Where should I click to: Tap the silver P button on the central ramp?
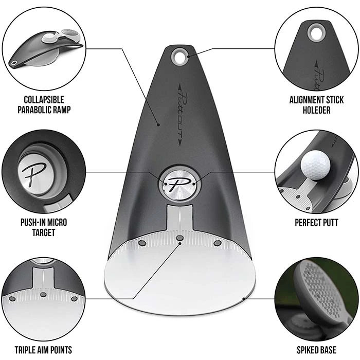pyautogui.click(x=179, y=183)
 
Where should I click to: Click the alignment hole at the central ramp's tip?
pyautogui.click(x=179, y=56)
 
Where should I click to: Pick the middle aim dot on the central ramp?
pyautogui.click(x=179, y=238)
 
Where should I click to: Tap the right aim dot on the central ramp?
pyautogui.click(x=217, y=242)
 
